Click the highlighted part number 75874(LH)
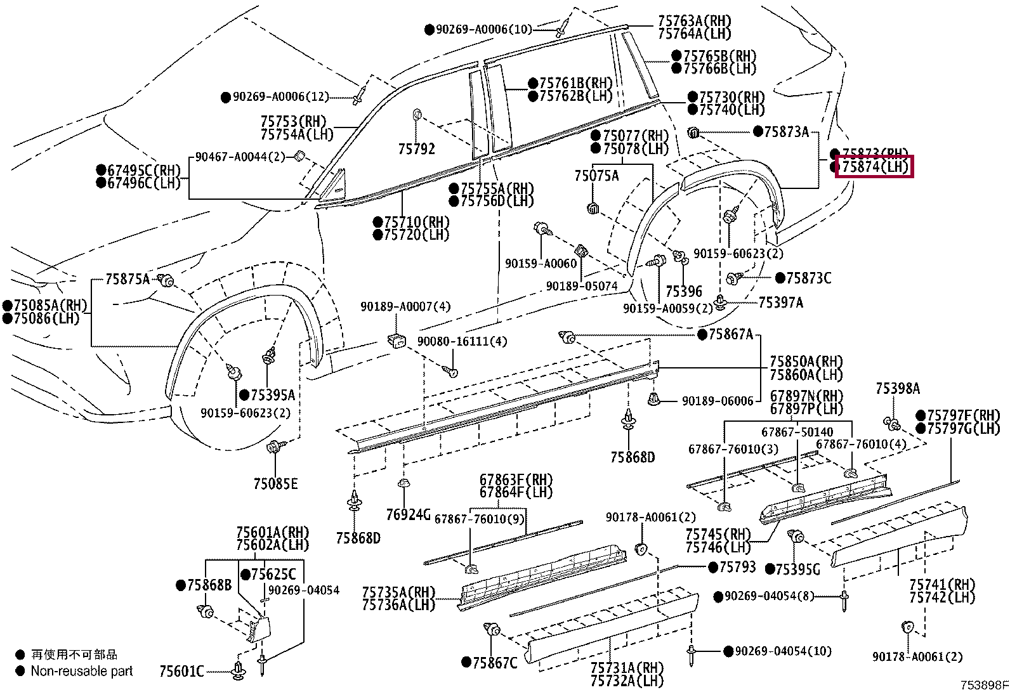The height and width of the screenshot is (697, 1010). (x=875, y=167)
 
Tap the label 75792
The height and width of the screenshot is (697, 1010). (x=417, y=149)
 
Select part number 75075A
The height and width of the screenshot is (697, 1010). (x=596, y=176)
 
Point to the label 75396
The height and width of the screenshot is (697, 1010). (x=684, y=291)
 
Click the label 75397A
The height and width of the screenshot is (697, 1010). (x=781, y=302)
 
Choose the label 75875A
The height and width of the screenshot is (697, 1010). (x=128, y=279)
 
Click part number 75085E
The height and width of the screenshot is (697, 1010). (x=275, y=484)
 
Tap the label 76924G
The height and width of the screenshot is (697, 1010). (x=408, y=514)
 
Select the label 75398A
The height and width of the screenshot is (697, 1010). (x=898, y=389)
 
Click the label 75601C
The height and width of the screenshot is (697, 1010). (x=181, y=671)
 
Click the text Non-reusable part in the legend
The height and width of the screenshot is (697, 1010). (x=82, y=671)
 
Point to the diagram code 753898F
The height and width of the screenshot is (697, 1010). (x=985, y=686)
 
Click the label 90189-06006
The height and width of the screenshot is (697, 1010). (x=718, y=401)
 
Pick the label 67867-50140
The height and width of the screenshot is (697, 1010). (x=797, y=432)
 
